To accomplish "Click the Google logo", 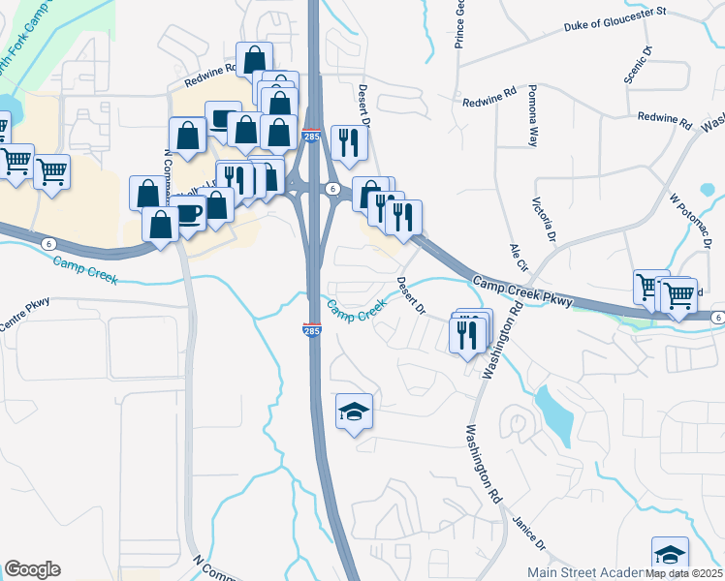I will coord(32,569).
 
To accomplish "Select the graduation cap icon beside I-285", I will coord(354,412).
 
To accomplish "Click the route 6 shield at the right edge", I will coord(716,318).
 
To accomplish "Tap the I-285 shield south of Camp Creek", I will coord(311,330).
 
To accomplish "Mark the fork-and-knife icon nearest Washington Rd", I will coord(470,335).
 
